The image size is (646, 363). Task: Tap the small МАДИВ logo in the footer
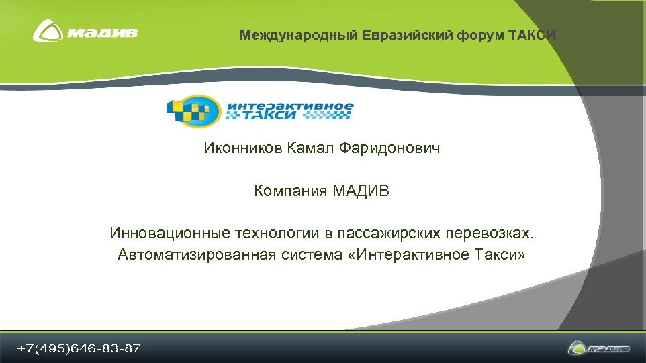(599, 348)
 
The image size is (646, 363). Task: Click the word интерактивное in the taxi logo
(289, 106)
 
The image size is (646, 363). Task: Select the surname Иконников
(244, 148)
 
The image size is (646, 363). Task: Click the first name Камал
(308, 148)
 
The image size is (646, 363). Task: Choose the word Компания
(290, 191)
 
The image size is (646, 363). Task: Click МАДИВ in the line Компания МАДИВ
(361, 191)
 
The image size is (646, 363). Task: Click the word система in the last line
(311, 255)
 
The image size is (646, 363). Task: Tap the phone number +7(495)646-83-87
(79, 348)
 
